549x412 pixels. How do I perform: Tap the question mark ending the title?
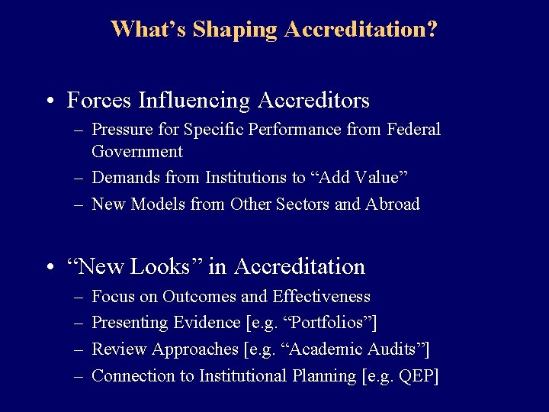click(x=432, y=30)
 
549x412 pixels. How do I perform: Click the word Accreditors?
click(x=313, y=100)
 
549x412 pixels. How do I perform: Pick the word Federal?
click(x=415, y=130)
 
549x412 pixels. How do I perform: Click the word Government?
click(x=137, y=151)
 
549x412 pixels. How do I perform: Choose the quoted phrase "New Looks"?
click(x=134, y=266)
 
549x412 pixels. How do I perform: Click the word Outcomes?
click(x=199, y=297)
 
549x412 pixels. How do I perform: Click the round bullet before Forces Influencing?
click(x=50, y=101)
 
